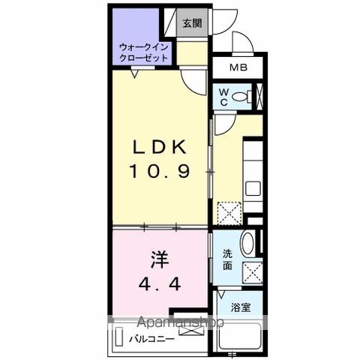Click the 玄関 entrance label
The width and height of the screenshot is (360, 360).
[192, 23]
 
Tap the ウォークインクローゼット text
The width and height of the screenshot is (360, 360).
[143, 52]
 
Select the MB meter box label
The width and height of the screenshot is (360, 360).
[238, 67]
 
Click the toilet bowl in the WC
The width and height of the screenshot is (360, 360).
[241, 97]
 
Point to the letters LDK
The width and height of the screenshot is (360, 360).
[160, 147]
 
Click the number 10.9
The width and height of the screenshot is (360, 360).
[160, 172]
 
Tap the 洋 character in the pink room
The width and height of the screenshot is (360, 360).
[160, 259]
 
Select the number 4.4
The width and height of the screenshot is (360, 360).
[160, 283]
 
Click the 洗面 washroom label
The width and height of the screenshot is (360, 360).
[227, 260]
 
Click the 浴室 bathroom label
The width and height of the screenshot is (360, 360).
[241, 307]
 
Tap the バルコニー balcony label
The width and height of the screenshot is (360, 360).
[151, 339]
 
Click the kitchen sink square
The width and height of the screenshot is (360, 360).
[253, 189]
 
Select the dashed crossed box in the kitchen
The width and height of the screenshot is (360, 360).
[229, 213]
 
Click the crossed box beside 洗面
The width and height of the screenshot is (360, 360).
[252, 273]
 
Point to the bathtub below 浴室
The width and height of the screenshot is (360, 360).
[240, 336]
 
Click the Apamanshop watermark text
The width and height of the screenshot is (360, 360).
[181, 322]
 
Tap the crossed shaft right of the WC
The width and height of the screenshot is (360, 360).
[259, 97]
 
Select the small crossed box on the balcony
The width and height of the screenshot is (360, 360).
[191, 331]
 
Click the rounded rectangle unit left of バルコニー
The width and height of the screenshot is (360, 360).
[119, 337]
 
